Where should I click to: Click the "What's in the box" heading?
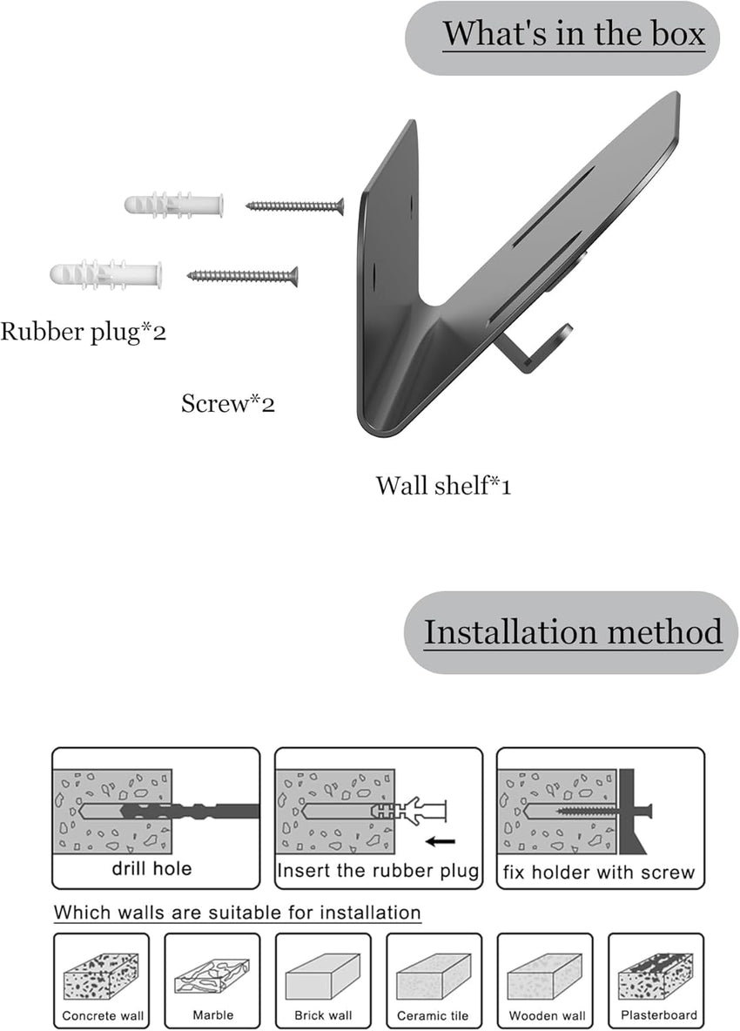(x=574, y=35)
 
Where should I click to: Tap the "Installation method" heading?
(x=573, y=631)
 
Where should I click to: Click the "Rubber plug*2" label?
(x=83, y=332)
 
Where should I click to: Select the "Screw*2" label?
(x=228, y=403)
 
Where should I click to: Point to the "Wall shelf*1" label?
(x=443, y=485)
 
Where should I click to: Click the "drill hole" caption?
(x=151, y=868)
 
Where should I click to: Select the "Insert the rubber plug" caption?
(x=378, y=870)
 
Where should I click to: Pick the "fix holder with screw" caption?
(x=600, y=872)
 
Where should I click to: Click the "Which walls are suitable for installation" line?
(x=238, y=913)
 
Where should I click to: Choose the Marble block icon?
(x=212, y=974)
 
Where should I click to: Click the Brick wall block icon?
(x=322, y=974)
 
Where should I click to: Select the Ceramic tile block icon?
(x=433, y=974)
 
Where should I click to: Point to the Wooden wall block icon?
(x=544, y=974)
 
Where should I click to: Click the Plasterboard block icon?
(x=656, y=974)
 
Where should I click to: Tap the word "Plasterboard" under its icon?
(x=658, y=1014)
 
